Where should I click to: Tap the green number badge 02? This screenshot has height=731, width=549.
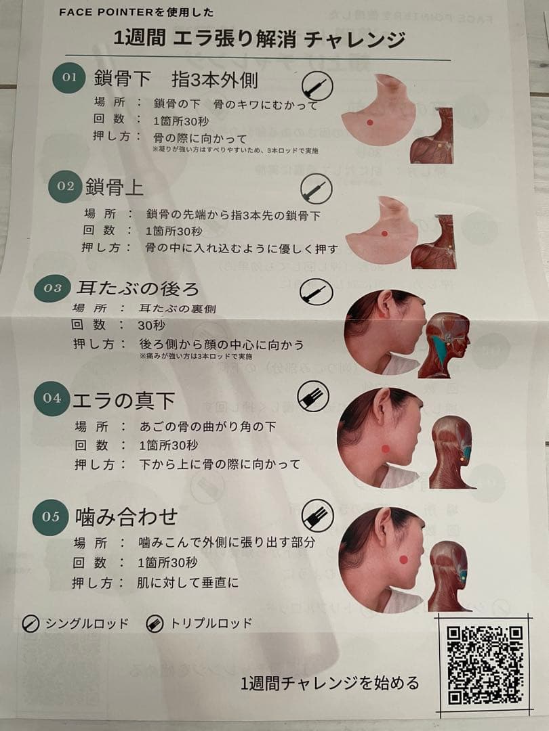66,186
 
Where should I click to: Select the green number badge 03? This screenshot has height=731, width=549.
52,288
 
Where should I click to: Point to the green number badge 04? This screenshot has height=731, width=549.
52,398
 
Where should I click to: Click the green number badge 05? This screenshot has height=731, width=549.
51,516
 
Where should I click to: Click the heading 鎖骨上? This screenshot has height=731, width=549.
115,187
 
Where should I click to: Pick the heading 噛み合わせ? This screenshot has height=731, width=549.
126,517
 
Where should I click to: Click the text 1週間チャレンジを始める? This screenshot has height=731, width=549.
330,682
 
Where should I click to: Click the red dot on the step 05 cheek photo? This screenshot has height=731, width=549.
403,559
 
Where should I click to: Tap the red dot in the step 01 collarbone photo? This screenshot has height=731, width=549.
369,123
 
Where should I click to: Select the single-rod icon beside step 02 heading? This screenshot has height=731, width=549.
316,188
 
